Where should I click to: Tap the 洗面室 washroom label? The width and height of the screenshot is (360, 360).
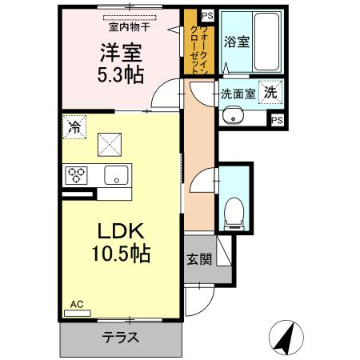[238, 94]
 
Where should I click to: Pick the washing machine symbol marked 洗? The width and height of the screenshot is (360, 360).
[271, 92]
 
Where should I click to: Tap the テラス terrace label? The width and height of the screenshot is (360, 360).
[121, 337]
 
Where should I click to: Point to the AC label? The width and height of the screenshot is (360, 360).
[77, 304]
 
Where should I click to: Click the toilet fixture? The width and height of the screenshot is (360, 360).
[234, 210]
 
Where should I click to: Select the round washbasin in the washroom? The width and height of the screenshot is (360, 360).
[234, 116]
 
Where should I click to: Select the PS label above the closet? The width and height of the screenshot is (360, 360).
[207, 15]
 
